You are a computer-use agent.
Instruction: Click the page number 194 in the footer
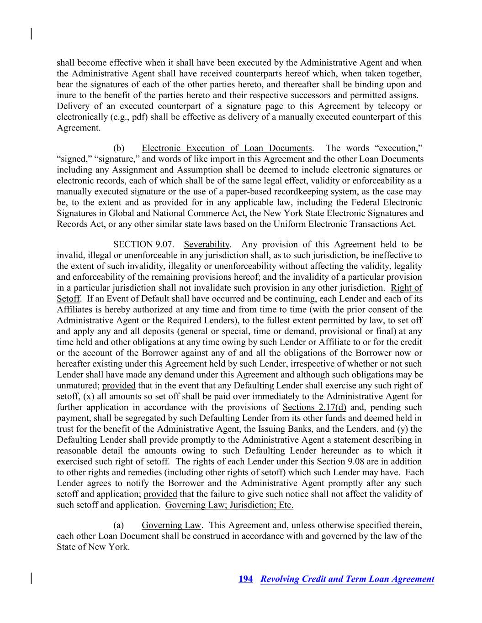(x=245, y=579)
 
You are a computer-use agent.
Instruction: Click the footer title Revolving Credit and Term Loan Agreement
(x=347, y=579)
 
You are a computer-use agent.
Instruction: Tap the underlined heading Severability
(x=207, y=245)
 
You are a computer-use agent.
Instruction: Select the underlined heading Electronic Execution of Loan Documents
(x=227, y=148)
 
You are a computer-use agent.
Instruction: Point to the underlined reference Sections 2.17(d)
(x=314, y=408)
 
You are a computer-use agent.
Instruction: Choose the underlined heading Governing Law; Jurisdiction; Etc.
(x=229, y=505)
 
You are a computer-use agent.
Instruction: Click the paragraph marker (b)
(x=119, y=148)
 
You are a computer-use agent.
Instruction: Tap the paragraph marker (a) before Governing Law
(x=119, y=525)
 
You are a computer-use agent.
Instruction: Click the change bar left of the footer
(x=31, y=578)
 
